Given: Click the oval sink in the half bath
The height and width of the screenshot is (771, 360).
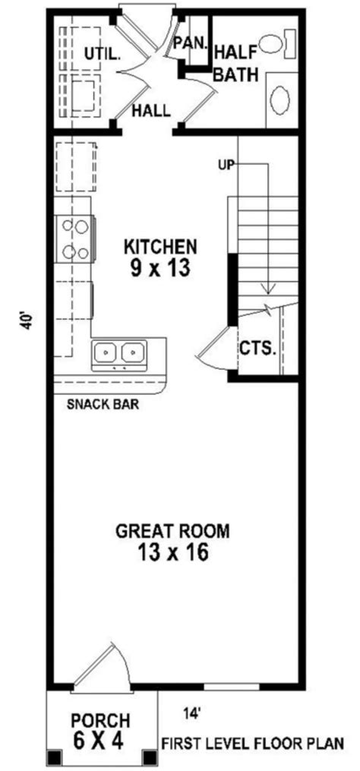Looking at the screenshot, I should pyautogui.click(x=280, y=100).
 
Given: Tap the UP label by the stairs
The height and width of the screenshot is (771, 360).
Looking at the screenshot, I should pyautogui.click(x=226, y=163).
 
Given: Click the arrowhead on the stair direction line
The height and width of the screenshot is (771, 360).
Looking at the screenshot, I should pyautogui.click(x=267, y=288).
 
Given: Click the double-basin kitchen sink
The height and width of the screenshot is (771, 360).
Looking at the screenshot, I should pyautogui.click(x=119, y=353).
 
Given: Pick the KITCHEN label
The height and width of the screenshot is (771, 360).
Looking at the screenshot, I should pyautogui.click(x=161, y=247).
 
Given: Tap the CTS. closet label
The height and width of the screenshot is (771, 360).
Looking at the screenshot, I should pyautogui.click(x=257, y=348).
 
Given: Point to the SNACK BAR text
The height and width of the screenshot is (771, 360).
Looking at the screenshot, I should pyautogui.click(x=103, y=403).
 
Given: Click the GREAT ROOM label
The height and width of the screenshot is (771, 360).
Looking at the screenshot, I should pyautogui.click(x=172, y=530).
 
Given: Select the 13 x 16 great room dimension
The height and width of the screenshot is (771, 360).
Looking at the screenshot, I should pyautogui.click(x=172, y=552).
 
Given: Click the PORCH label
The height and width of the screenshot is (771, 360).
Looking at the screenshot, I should pyautogui.click(x=100, y=720).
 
